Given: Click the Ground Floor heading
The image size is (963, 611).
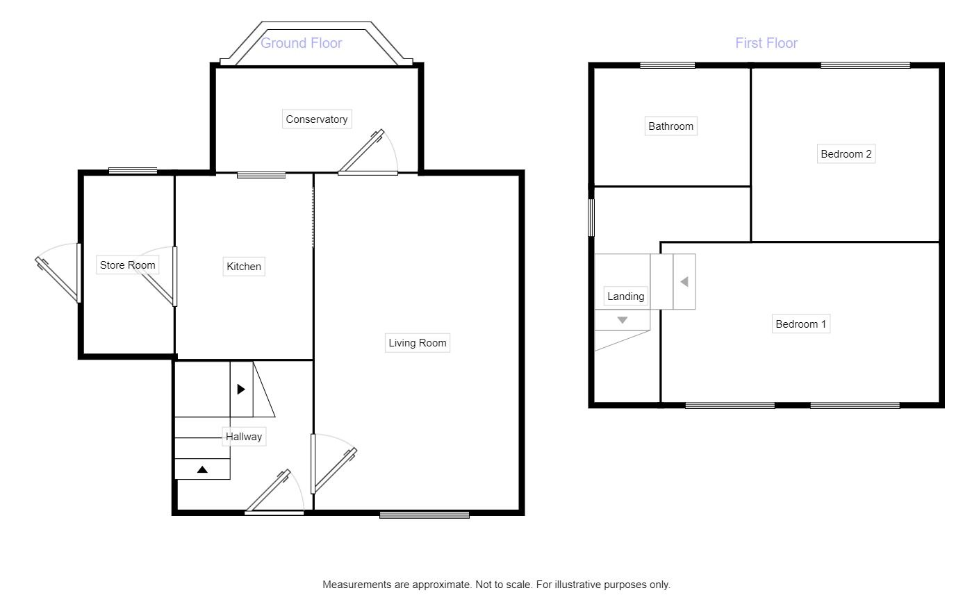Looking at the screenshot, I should (x=301, y=43).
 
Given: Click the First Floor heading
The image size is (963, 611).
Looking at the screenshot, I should (x=766, y=43).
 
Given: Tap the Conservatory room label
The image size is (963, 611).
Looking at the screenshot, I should (x=316, y=119).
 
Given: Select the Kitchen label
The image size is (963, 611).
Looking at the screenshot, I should (x=244, y=267).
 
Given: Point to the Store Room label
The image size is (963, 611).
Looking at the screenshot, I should (x=127, y=265).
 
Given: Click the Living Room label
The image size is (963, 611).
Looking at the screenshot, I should (x=417, y=343).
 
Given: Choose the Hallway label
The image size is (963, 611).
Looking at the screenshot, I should (x=244, y=437).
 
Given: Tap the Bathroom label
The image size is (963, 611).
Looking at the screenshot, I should (x=670, y=126).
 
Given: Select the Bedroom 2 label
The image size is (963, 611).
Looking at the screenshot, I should (x=846, y=154).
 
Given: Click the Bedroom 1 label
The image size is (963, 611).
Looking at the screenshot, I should (x=800, y=324).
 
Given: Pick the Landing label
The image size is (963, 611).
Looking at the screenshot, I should (x=625, y=296).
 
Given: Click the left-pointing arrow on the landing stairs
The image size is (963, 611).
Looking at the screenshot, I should (x=684, y=282).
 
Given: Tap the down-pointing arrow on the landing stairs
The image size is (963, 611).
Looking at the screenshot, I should (x=622, y=321).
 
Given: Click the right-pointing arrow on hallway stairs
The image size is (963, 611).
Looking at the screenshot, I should (x=241, y=390).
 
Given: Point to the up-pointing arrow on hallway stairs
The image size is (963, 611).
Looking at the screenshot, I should (x=202, y=470).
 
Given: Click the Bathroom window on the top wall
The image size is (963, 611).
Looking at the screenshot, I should (x=667, y=66).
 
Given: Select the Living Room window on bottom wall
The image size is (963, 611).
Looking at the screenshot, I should (x=424, y=514).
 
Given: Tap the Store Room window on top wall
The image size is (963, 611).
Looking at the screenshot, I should (x=133, y=171).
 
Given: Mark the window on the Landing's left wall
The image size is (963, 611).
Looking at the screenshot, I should (x=592, y=218).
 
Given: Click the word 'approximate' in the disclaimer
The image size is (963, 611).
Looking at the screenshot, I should (x=441, y=585).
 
